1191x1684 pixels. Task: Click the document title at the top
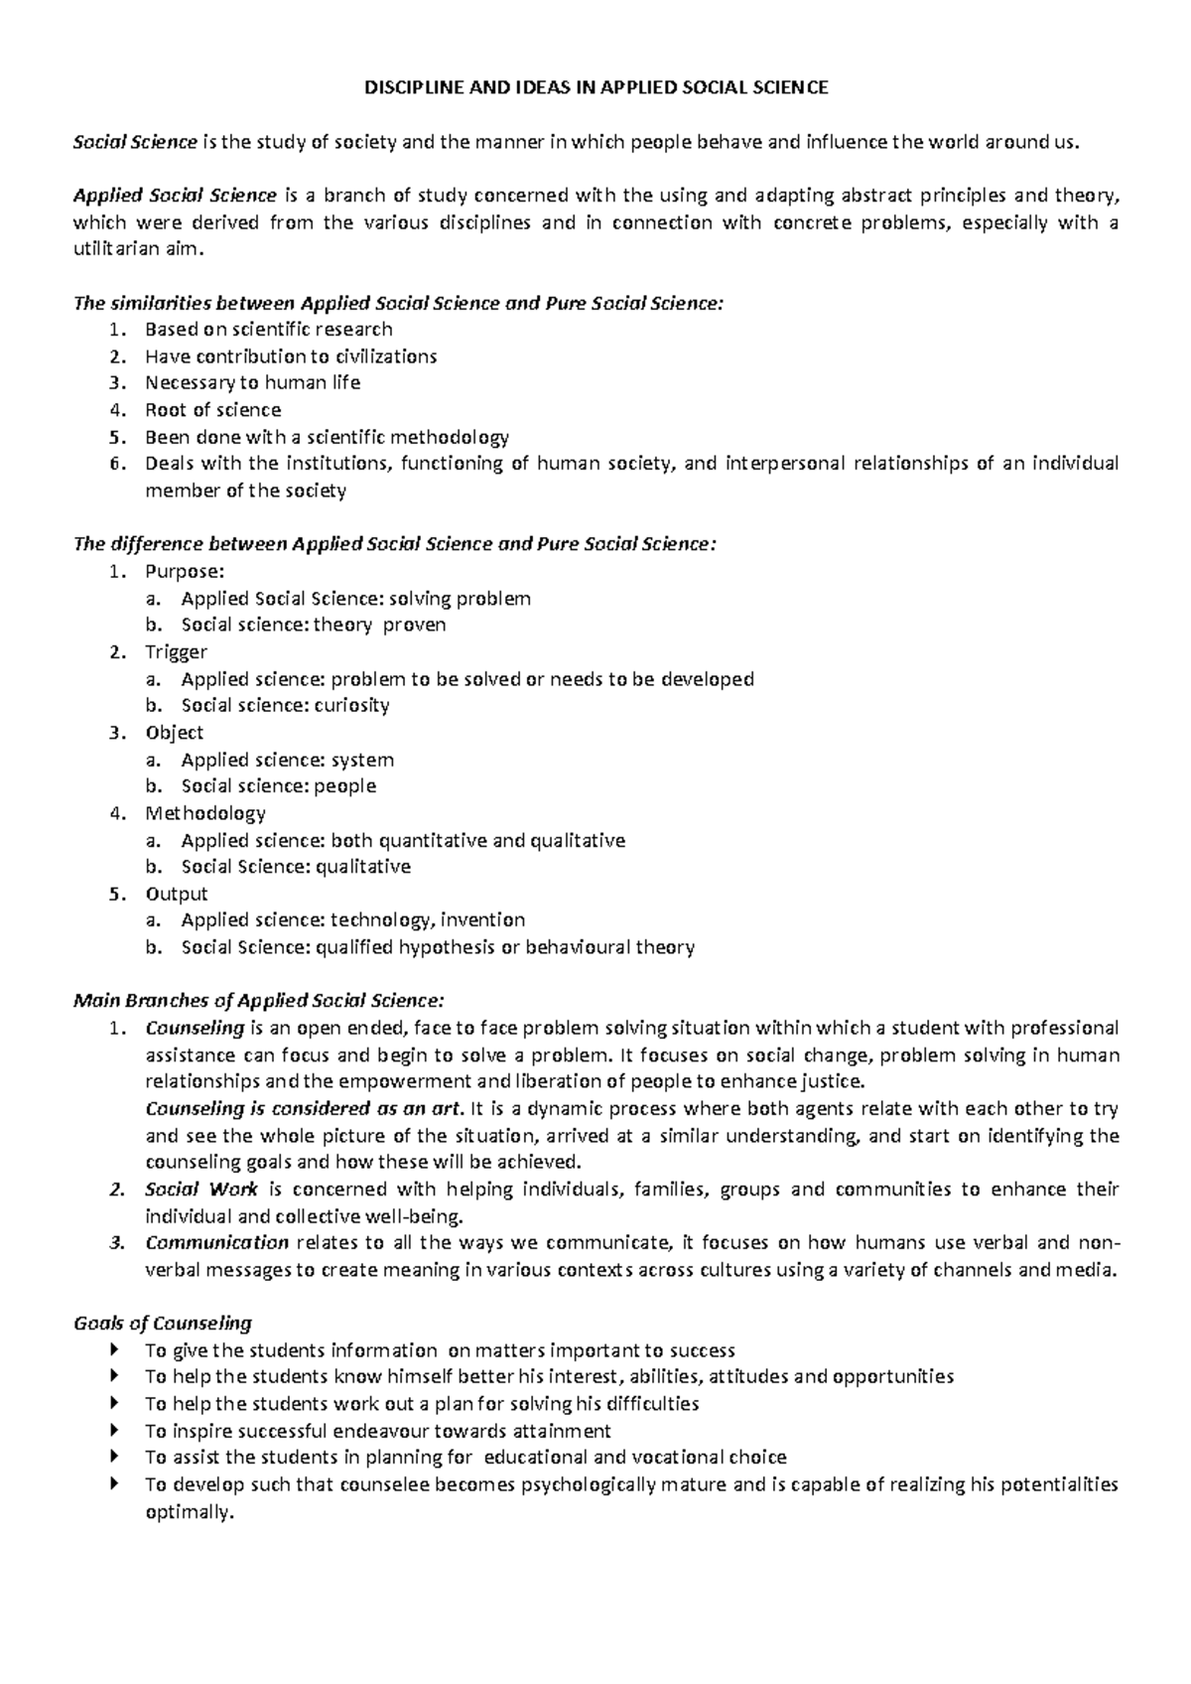pyautogui.click(x=595, y=87)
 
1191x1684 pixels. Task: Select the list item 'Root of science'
pyautogui.click(x=212, y=409)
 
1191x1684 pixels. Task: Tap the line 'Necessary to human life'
pyautogui.click(x=252, y=382)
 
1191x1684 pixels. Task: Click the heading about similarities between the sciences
pyautogui.click(x=399, y=303)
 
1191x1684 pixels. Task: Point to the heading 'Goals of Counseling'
pyautogui.click(x=163, y=1323)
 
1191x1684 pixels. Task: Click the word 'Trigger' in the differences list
pyautogui.click(x=176, y=651)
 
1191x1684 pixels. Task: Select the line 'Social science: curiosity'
pyautogui.click(x=285, y=705)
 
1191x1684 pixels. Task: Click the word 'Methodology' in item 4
pyautogui.click(x=205, y=813)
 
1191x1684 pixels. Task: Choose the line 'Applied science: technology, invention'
pyautogui.click(x=352, y=919)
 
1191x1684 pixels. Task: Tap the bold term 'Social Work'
pyautogui.click(x=200, y=1189)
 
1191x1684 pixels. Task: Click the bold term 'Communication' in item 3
pyautogui.click(x=216, y=1242)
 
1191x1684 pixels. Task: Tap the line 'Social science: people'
pyautogui.click(x=278, y=785)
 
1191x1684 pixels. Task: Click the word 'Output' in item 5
pyautogui.click(x=176, y=894)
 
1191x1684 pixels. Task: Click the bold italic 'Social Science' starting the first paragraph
pyautogui.click(x=135, y=142)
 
